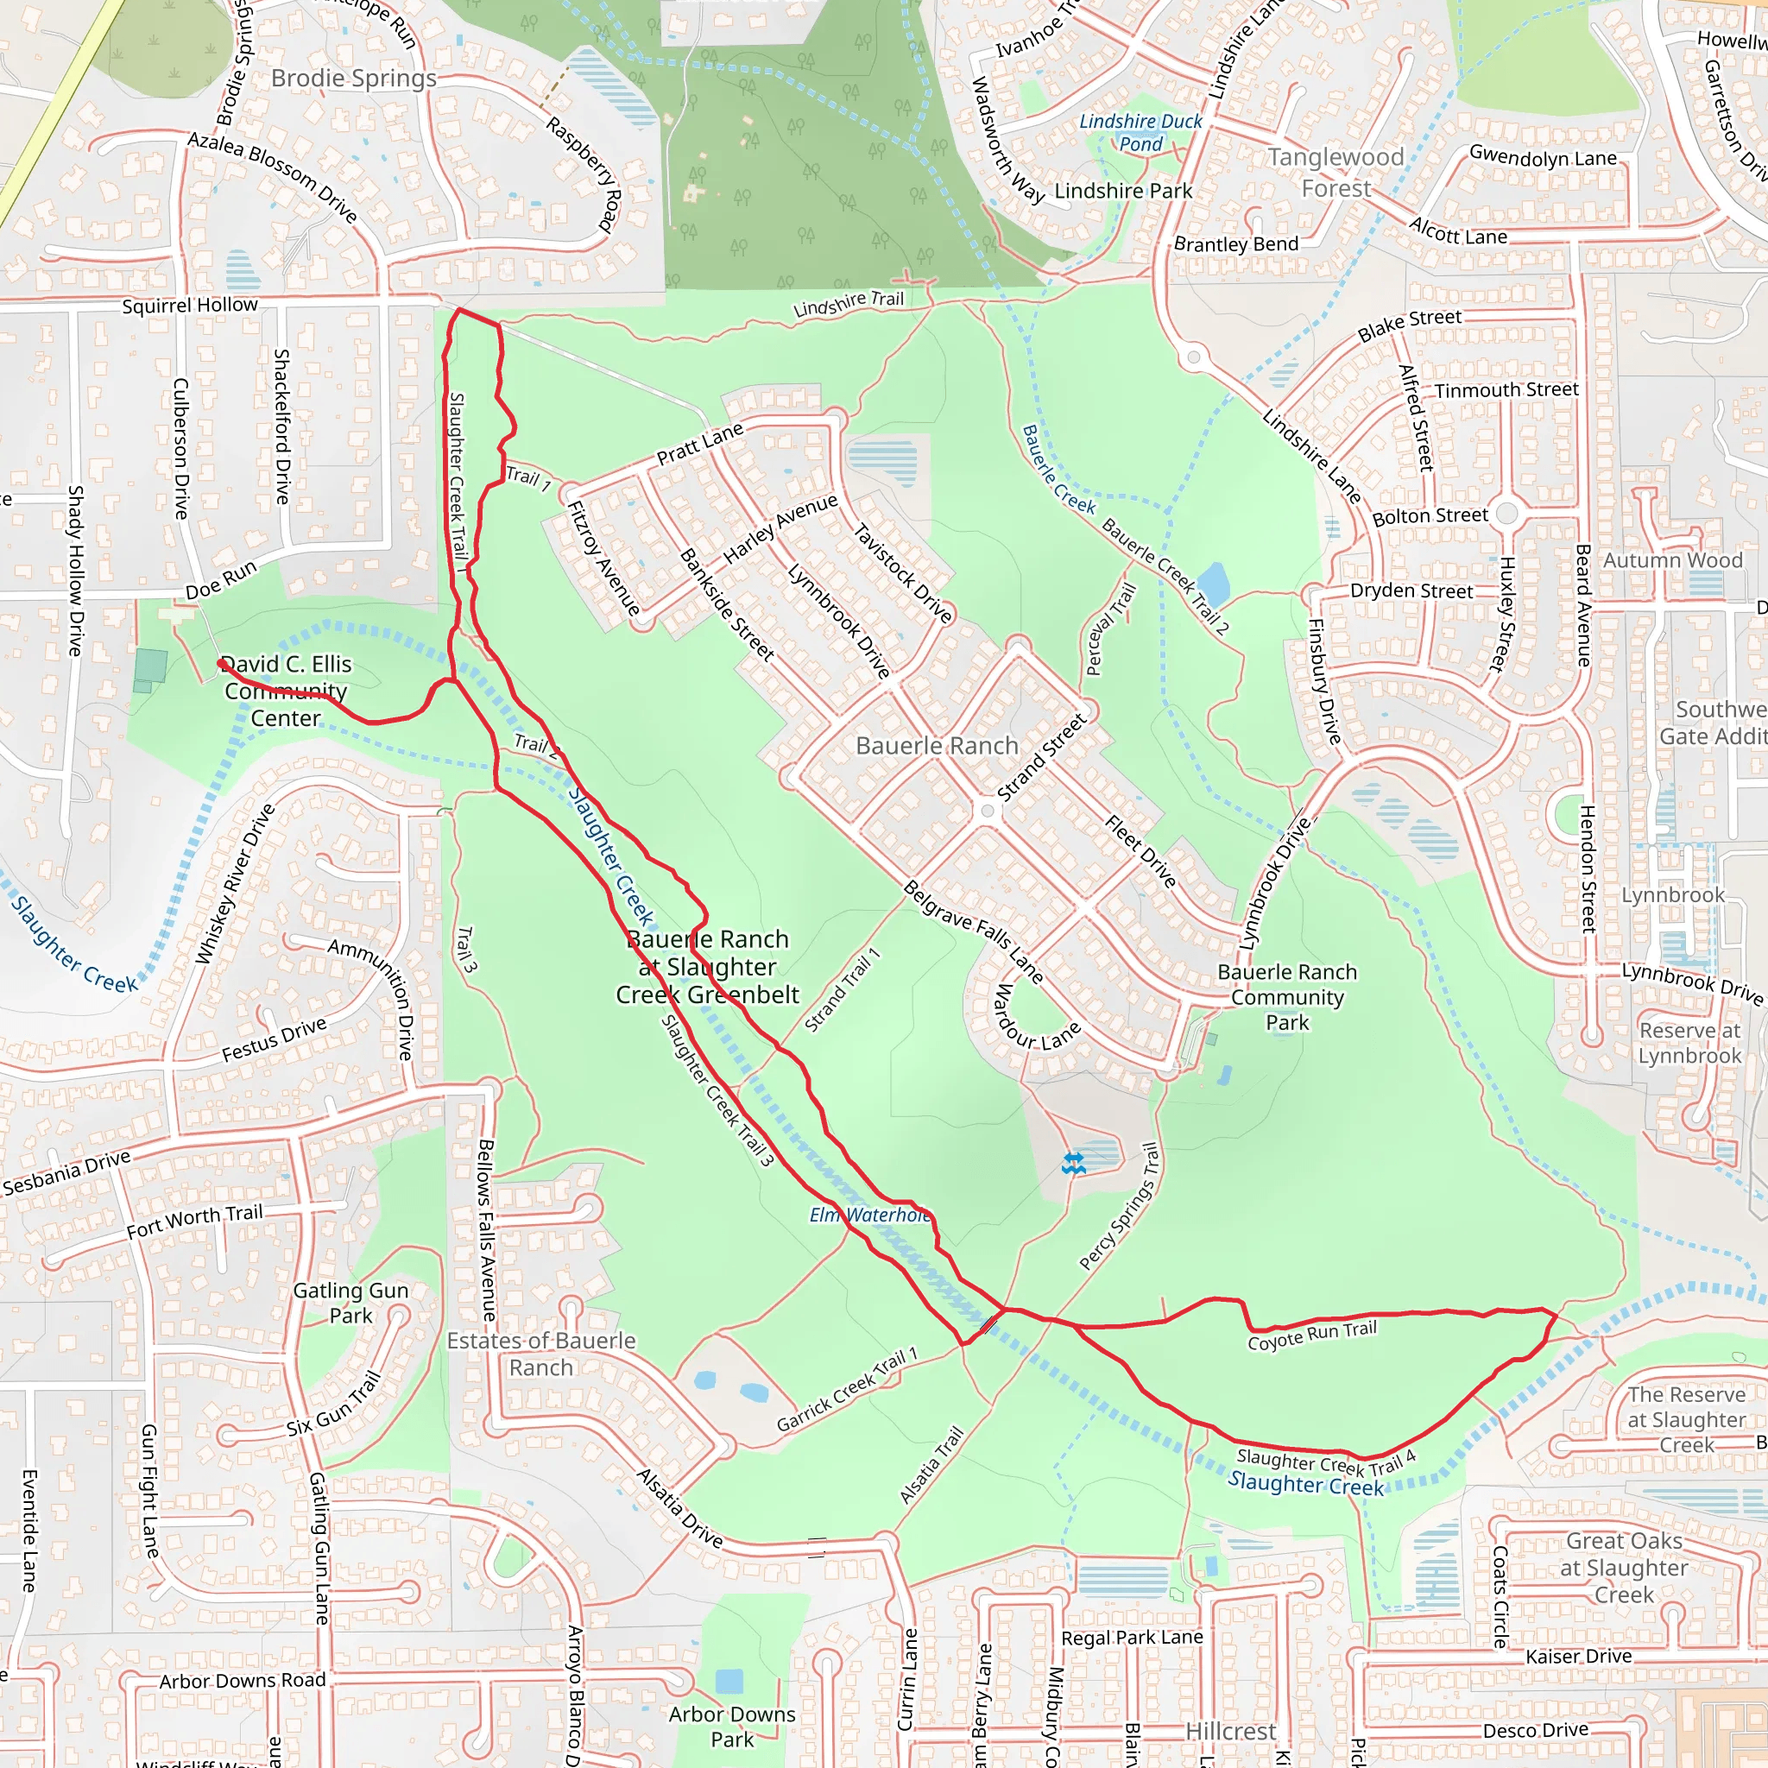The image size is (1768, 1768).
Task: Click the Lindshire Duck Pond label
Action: pos(1140,133)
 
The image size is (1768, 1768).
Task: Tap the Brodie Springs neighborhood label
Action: pos(353,79)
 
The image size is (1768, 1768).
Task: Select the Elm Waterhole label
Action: pos(869,1215)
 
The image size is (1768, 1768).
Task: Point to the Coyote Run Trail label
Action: pos(1311,1335)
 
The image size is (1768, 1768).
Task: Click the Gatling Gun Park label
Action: pos(350,1303)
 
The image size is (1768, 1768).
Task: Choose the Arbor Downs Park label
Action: pos(732,1726)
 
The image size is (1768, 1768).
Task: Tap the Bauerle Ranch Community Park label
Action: pos(1286,996)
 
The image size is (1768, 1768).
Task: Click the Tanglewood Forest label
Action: pos(1336,173)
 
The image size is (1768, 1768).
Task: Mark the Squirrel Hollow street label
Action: pos(190,306)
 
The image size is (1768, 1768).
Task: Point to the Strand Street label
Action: pos(1041,758)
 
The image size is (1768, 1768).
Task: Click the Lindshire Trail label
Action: pos(849,304)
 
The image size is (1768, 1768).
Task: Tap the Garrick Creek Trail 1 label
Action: pos(847,1390)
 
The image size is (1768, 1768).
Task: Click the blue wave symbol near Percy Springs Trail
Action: pos(1073,1164)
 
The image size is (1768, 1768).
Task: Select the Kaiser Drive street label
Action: pos(1579,1657)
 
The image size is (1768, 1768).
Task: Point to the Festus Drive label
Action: pos(274,1040)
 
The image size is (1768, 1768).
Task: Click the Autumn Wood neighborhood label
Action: pos(1673,560)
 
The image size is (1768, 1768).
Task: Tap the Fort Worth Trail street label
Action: pos(194,1222)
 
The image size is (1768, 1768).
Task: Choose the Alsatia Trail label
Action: pos(931,1465)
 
